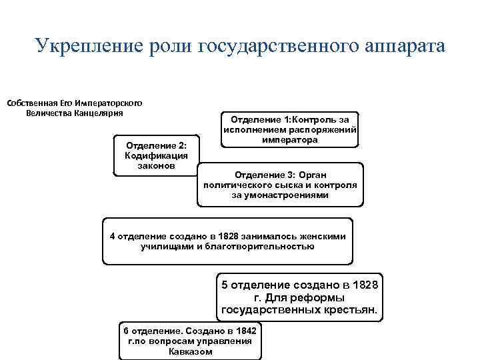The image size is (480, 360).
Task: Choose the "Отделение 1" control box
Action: [x=289, y=129]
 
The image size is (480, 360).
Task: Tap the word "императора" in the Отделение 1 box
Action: [x=290, y=140]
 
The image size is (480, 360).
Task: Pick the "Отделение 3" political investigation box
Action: [x=280, y=185]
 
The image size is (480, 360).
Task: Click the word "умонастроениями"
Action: [x=280, y=195]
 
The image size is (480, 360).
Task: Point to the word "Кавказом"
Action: [x=190, y=351]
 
